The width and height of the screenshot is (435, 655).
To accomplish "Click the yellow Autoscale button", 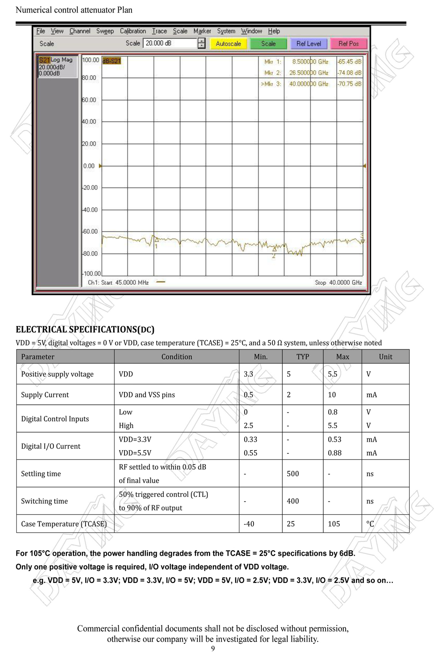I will coord(228,44).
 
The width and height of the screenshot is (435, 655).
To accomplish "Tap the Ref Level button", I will coord(309,44).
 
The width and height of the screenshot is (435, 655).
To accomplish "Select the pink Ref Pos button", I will coord(348,44).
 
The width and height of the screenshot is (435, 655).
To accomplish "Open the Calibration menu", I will coord(133,31).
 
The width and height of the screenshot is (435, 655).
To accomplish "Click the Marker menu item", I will coord(202,31).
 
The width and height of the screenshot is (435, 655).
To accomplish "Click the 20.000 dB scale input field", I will coord(170,43).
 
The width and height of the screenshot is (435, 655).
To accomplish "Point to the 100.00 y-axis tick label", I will coord(91,60).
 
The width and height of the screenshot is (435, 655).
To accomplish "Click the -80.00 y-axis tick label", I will coord(90,254).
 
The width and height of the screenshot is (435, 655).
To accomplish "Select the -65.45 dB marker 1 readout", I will coord(350,62).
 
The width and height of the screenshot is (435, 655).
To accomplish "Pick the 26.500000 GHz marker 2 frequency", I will coord(309,73).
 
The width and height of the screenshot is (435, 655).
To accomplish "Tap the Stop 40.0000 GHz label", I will coord(338,283).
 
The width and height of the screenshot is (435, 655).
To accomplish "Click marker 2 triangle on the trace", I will coord(274,251).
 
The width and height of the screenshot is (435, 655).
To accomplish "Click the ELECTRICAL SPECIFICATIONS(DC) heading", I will coord(85,329).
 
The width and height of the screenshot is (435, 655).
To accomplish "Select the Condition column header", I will coord(176,357).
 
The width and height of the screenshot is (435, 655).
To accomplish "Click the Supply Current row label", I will coord(45,395).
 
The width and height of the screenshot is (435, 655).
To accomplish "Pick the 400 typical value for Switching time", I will coord(293,501).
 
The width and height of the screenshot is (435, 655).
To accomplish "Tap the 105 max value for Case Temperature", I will coord(334,524).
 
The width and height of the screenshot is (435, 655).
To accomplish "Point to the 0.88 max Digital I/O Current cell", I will coord(334,453).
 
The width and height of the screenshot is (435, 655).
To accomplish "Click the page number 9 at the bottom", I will coord(213,648).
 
